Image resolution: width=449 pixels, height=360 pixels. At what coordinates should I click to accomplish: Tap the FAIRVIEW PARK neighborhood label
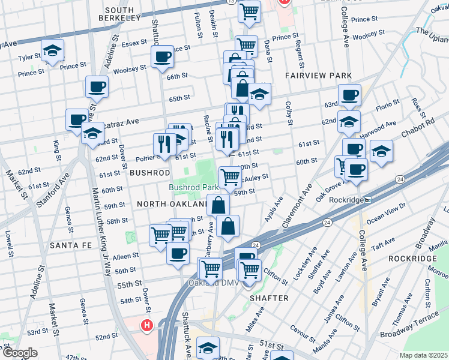tap(318, 76)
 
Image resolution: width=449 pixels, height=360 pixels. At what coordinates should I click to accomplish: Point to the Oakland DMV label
tap(210, 283)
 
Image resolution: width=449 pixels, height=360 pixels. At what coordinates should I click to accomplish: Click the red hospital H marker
tap(146, 326)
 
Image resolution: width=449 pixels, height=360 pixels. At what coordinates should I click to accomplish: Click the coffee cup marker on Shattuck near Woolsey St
tap(162, 58)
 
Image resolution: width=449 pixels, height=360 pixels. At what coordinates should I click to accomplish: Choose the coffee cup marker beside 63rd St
tap(349, 95)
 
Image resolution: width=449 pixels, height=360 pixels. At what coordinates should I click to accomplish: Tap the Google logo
tap(19, 353)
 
